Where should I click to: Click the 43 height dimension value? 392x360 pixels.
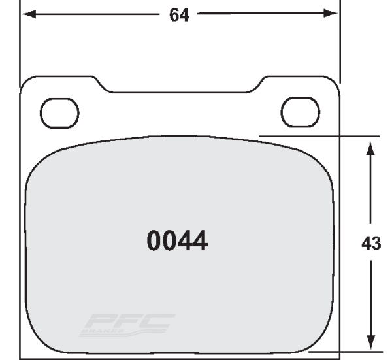371,244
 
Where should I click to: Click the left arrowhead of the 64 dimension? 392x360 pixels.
28,14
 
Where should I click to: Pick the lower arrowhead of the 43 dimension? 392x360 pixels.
370,342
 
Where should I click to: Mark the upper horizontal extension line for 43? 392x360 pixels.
314,136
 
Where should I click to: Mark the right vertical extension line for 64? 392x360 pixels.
339,39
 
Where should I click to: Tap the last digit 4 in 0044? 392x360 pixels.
199,241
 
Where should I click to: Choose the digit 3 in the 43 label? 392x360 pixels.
376,244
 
